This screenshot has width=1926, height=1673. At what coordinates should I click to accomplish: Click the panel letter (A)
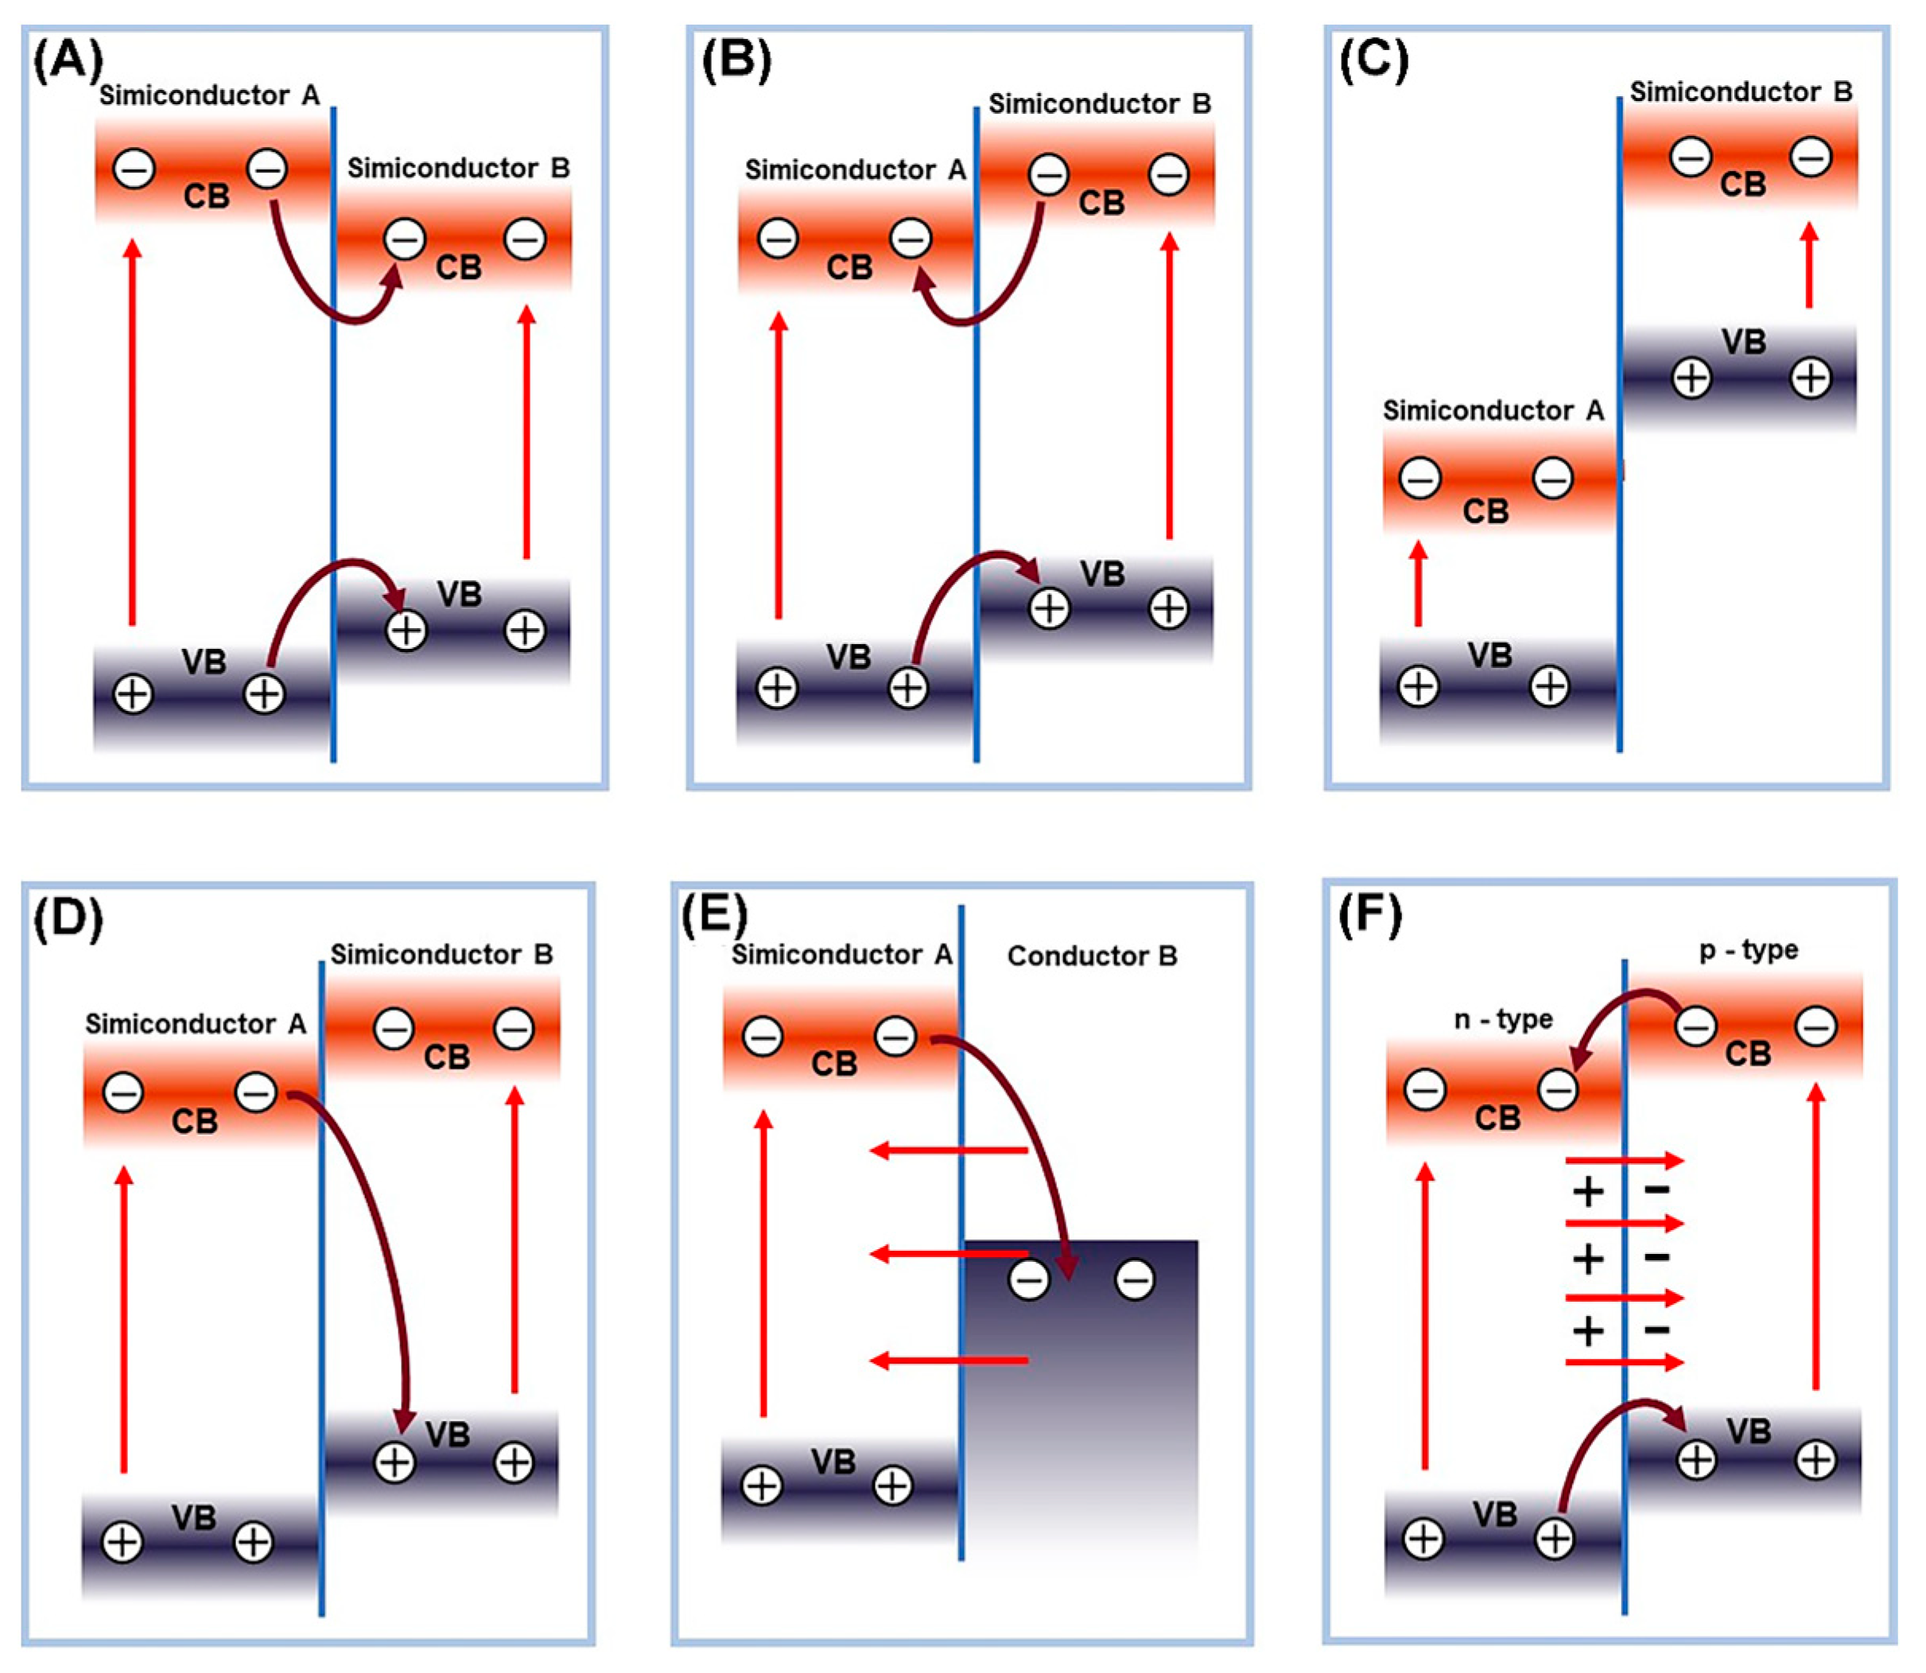click(x=68, y=61)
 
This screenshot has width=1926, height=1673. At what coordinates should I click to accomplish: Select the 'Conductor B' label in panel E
click(x=1091, y=956)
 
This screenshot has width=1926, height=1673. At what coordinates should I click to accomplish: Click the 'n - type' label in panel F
click(x=1503, y=1019)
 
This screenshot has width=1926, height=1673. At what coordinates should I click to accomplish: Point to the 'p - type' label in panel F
click(x=1748, y=949)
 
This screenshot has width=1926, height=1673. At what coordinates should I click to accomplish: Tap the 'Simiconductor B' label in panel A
click(x=457, y=168)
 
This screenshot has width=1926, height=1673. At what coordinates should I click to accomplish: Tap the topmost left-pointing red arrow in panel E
click(x=948, y=1150)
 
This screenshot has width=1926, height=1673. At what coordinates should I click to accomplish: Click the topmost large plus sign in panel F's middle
click(x=1588, y=1191)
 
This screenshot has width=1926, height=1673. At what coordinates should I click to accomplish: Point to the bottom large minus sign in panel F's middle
click(x=1656, y=1329)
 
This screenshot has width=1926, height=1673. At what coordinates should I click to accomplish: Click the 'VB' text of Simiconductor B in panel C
click(x=1743, y=342)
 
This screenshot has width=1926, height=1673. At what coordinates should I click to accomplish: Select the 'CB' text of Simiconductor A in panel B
click(x=848, y=268)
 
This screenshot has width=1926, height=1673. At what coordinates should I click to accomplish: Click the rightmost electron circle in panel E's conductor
click(x=1136, y=1280)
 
